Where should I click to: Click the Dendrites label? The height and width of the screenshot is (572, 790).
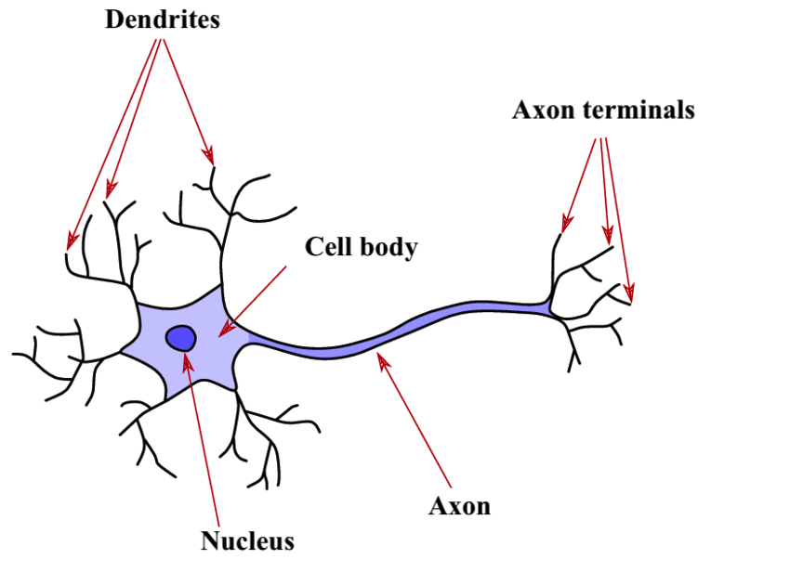click(163, 19)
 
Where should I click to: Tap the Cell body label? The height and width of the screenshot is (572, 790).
click(362, 248)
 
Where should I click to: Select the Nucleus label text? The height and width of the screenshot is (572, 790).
click(247, 540)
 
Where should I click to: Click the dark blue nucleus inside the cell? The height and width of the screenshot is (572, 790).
click(180, 337)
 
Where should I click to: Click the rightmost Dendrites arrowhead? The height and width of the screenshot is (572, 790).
click(211, 159)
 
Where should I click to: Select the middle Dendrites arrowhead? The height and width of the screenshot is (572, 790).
click(109, 190)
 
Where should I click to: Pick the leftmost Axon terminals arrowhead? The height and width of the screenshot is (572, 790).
click(563, 226)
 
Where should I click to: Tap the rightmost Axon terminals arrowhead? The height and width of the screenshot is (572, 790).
click(631, 297)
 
